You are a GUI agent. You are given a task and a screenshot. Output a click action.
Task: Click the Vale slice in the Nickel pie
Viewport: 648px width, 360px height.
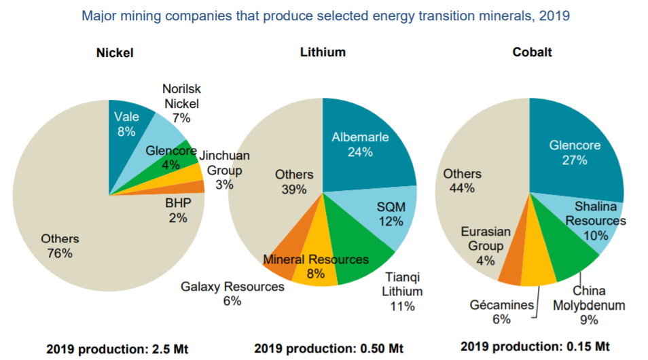(126, 132)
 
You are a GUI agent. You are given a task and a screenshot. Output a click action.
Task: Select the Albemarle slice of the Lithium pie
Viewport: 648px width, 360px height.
(363, 145)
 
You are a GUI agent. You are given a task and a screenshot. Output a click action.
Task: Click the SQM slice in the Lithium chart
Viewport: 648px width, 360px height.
(389, 215)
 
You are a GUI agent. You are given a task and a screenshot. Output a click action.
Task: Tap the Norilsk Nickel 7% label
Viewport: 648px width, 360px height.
(181, 103)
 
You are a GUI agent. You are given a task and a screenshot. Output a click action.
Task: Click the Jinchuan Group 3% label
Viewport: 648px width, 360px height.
(224, 170)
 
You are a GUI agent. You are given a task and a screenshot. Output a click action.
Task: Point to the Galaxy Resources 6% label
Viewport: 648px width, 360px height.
(232, 293)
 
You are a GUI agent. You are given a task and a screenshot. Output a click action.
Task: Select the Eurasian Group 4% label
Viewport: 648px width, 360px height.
(486, 246)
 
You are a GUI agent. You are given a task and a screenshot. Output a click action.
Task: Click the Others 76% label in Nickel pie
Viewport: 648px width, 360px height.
(60, 246)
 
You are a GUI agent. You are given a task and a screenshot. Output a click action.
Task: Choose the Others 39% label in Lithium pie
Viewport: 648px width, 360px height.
(294, 182)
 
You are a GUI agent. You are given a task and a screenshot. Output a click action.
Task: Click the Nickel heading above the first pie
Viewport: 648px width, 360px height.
(115, 53)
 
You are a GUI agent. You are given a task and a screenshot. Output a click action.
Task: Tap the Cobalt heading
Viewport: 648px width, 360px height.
(533, 52)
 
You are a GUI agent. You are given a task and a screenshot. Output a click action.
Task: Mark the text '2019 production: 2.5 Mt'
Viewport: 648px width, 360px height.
(118, 349)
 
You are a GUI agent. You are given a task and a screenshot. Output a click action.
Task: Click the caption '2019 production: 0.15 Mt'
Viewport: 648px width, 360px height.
(535, 346)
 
